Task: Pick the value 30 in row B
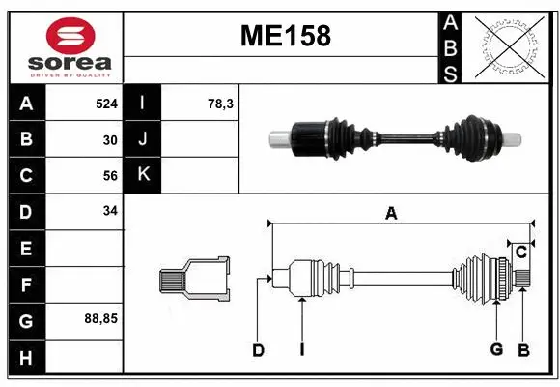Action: (x=110, y=139)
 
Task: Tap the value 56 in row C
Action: (x=110, y=176)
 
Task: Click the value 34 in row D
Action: (x=110, y=210)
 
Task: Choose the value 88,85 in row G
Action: (x=100, y=317)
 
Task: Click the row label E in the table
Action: (x=25, y=249)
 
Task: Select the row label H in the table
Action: (x=25, y=357)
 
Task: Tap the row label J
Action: (x=143, y=139)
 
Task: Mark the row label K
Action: (x=143, y=175)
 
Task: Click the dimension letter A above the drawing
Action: (x=391, y=214)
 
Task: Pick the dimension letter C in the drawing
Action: (x=520, y=253)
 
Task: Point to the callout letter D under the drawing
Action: (x=258, y=350)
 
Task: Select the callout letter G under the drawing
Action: (x=496, y=349)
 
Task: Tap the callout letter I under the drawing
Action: (x=302, y=350)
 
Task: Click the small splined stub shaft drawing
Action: (x=194, y=280)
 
